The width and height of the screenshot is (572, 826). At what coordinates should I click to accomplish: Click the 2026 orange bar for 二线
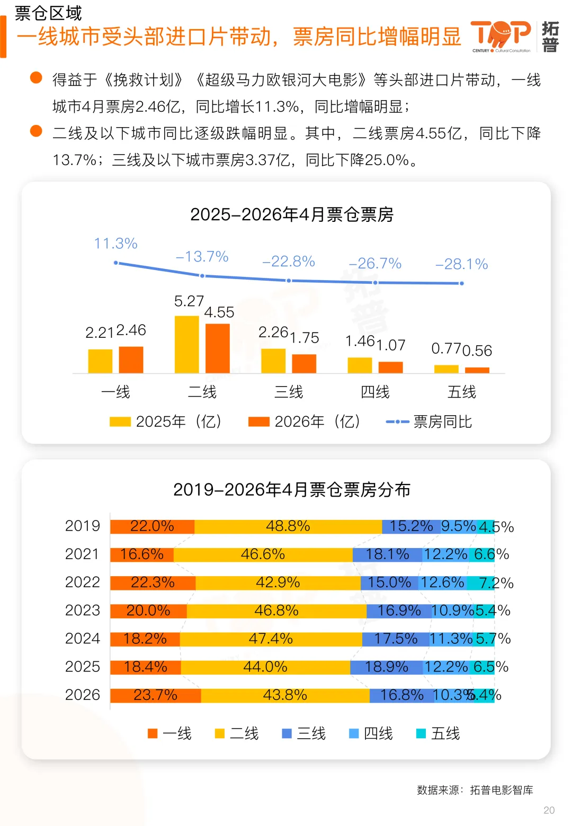217,348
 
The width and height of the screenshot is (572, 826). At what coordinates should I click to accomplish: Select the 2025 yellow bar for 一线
100,361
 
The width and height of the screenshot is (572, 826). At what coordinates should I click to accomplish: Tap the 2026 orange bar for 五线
477,370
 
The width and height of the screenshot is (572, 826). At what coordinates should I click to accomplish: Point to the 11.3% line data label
115,244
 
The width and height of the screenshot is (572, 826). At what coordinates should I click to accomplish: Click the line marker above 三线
289,281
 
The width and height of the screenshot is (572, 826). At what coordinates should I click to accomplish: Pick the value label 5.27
189,301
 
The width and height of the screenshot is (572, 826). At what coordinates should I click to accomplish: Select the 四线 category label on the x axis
375,392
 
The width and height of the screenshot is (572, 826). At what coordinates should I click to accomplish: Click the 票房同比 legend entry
428,421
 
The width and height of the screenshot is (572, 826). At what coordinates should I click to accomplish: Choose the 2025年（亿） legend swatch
120,421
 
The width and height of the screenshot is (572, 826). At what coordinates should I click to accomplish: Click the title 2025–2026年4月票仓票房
292,214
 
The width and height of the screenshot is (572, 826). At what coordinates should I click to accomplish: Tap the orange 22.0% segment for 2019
153,526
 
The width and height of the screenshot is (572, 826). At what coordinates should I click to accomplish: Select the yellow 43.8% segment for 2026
285,695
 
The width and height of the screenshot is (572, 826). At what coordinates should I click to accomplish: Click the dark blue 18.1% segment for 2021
387,554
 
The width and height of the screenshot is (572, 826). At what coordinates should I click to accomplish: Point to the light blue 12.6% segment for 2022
443,582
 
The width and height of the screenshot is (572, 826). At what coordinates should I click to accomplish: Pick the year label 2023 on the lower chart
83,610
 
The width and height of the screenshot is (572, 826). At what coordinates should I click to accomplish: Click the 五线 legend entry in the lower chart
438,733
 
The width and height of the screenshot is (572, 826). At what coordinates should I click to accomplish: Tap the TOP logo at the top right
501,36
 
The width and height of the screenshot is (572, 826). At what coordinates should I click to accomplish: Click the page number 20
549,810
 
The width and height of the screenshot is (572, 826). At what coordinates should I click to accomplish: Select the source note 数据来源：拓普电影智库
475,790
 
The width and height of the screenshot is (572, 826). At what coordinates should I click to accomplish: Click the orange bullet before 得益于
36,78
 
